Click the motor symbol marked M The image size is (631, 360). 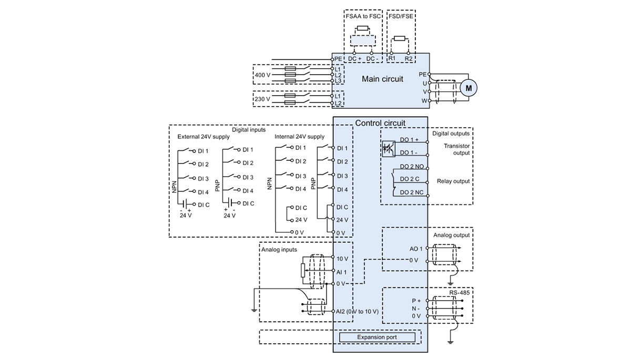coord(469,88)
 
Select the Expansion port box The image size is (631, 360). coord(377,337)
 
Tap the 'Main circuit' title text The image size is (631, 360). coord(382,79)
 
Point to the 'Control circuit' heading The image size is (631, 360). coord(380,123)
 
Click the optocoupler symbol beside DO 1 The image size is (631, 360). coord(389,149)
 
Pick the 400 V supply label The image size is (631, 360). coord(262,75)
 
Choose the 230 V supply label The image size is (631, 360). coord(262,99)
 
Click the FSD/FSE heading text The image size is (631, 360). coord(401,16)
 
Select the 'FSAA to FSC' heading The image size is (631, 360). coord(363,16)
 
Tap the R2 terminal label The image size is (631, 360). coord(409,58)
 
